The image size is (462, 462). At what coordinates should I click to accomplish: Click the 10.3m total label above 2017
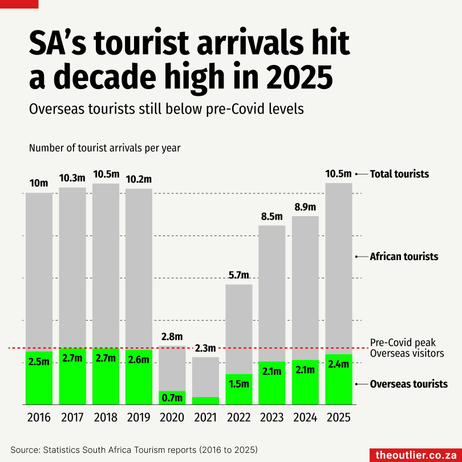point(72,179)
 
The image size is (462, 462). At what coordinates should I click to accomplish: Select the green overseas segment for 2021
point(205,400)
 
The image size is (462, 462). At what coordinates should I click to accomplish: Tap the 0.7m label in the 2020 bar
point(172,398)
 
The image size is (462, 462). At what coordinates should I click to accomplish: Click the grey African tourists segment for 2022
point(238,329)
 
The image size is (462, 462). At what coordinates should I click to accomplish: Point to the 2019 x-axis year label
point(139,418)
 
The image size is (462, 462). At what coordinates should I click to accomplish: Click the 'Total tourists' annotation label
point(399,174)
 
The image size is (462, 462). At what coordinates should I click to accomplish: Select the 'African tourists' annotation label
point(404,257)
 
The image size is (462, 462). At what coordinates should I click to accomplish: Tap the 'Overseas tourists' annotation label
point(408,384)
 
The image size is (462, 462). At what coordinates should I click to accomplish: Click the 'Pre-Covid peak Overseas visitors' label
point(407,348)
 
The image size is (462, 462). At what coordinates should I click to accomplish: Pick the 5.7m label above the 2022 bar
point(238,275)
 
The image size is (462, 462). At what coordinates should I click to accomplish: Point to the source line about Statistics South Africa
point(134,448)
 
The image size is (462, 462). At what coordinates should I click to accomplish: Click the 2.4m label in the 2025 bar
point(339,364)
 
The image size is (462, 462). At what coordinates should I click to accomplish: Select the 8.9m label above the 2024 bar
point(305,207)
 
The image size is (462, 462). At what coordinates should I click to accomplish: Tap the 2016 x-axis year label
point(39,418)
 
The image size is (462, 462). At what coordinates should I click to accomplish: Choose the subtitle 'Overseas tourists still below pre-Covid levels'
point(166,108)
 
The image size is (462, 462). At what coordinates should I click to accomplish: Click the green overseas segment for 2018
point(106,376)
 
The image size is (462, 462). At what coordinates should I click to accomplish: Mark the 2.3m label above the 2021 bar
point(205,348)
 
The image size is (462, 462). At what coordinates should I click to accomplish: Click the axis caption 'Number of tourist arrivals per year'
point(104,148)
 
